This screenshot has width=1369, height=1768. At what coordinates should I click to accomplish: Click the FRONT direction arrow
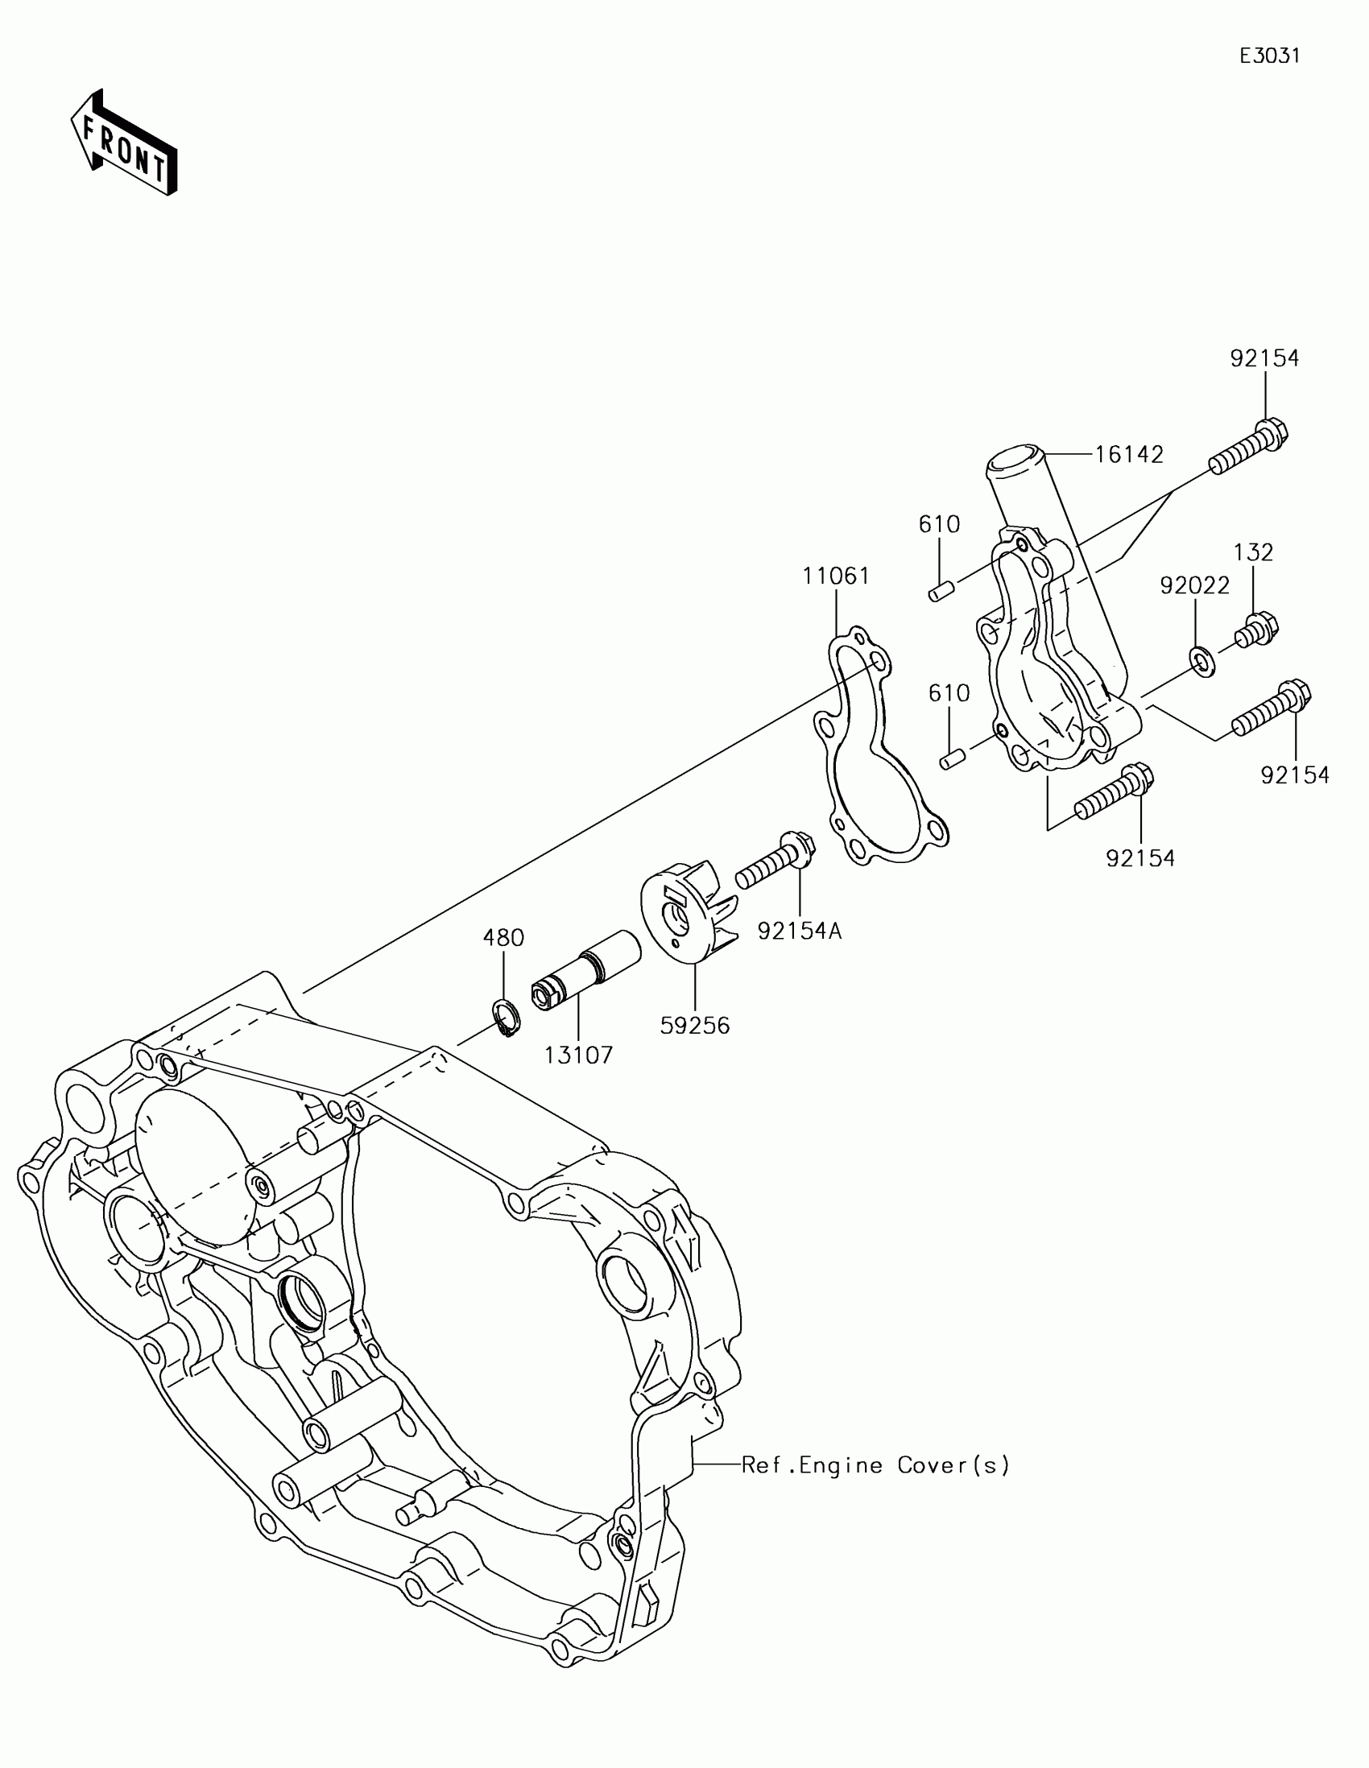coord(124,143)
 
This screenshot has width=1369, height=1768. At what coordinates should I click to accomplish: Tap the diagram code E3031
coord(1269,56)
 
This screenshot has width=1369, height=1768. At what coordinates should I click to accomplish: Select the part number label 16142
coord(1128,455)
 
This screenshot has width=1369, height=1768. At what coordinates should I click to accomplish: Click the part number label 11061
coord(836,576)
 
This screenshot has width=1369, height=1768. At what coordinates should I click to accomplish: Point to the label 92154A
coord(800,932)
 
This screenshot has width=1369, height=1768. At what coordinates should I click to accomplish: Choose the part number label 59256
coord(695,1026)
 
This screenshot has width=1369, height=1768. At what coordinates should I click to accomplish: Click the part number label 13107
coord(579,1055)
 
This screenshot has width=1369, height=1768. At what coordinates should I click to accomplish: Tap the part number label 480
coord(503,938)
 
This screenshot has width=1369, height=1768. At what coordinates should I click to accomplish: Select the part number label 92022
coord(1195,585)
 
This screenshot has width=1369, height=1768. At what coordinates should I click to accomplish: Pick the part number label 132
coord(1254,552)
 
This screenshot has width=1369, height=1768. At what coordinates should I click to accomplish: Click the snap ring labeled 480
coord(507,1017)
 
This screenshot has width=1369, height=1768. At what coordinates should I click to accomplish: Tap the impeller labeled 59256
coord(688,915)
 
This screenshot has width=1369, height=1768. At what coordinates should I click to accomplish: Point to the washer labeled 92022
coord(1203,660)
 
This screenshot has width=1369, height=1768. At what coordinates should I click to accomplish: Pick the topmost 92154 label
coord(1264,357)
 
